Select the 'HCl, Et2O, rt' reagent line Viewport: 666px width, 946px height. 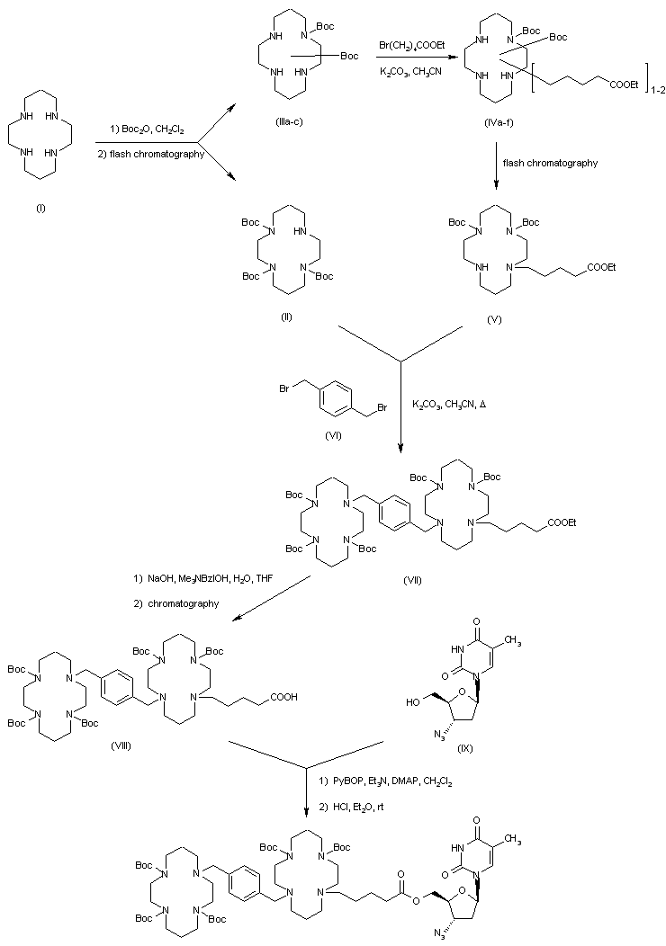pos(355,803)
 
